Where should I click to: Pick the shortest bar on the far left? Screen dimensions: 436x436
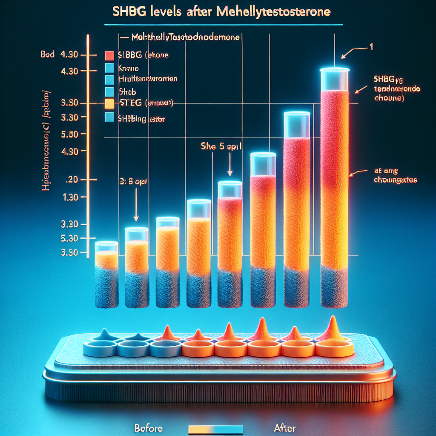coord(106,277)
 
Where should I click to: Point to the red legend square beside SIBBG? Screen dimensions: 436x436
coord(109,55)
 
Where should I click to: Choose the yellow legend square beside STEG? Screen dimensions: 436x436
coord(109,103)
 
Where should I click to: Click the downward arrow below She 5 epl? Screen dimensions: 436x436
coord(230,164)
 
